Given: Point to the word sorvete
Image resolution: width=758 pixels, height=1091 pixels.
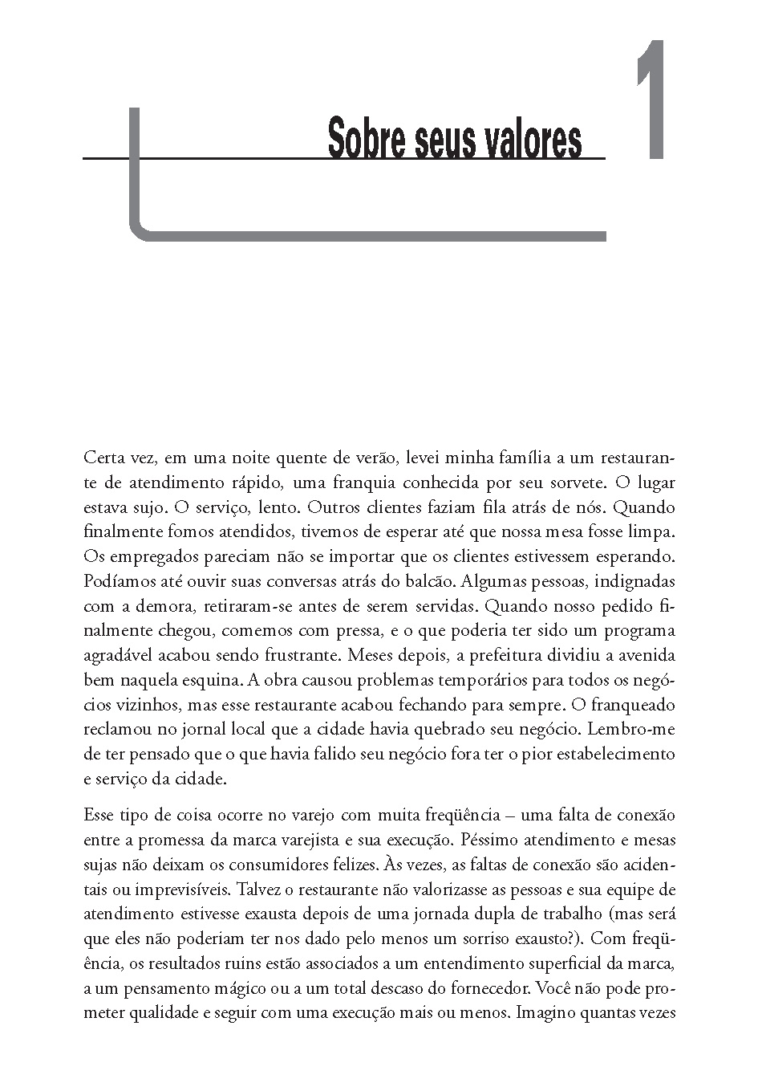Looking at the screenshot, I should (572, 483).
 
